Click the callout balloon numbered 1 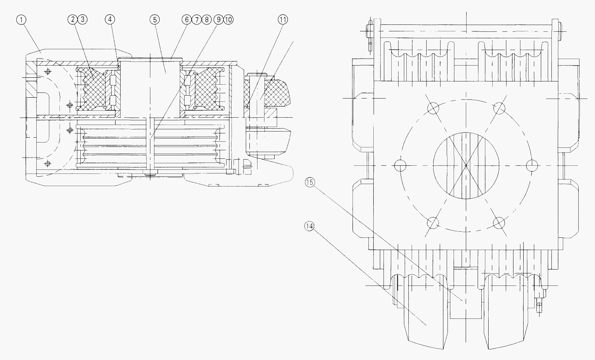(x=21, y=20)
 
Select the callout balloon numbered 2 (x=73, y=20)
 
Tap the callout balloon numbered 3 (x=83, y=20)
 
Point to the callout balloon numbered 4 (x=110, y=20)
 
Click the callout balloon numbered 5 (x=155, y=20)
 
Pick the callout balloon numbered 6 (x=187, y=20)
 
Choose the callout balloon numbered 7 (x=196, y=20)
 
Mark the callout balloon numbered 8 (x=207, y=20)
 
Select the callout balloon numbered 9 (x=218, y=20)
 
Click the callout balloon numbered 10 (x=229, y=20)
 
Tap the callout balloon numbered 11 (x=283, y=20)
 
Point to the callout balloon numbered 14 (x=309, y=226)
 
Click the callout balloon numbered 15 (x=310, y=182)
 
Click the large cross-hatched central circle (x=466, y=166)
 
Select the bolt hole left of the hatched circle (x=400, y=166)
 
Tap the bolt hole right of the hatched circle (x=532, y=166)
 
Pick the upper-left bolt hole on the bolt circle (x=433, y=108)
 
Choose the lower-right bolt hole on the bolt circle (x=499, y=223)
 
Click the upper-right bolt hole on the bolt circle (x=499, y=108)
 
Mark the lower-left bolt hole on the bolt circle (x=433, y=223)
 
